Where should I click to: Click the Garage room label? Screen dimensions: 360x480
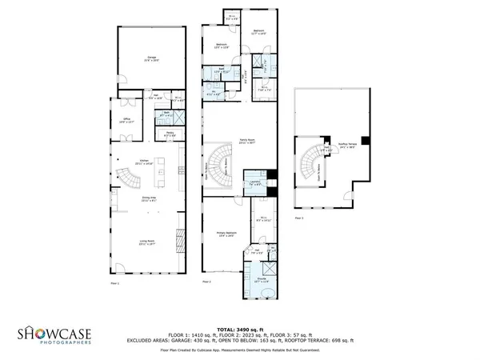click(x=150, y=58)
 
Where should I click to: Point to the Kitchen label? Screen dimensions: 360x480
click(x=144, y=162)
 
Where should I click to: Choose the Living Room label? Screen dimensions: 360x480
click(x=144, y=242)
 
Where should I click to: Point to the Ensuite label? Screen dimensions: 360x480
click(x=262, y=281)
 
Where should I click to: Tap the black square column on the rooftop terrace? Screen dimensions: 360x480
click(x=364, y=141)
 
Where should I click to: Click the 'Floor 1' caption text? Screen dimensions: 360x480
click(x=114, y=282)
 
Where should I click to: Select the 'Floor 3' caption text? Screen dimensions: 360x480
click(x=298, y=217)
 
